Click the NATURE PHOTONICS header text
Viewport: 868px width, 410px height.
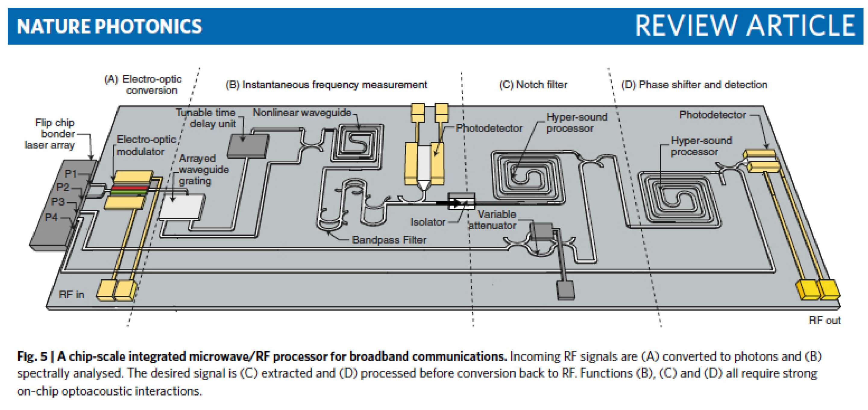click(x=109, y=26)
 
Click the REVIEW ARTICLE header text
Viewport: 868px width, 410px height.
click(x=745, y=26)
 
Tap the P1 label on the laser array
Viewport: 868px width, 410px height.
click(x=71, y=174)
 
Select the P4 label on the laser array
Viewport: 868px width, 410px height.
click(x=51, y=217)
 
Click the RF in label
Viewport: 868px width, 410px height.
click(x=71, y=294)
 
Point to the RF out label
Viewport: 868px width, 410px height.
click(x=825, y=320)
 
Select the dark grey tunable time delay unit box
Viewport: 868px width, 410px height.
click(x=248, y=145)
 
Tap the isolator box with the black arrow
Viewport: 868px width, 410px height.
click(x=461, y=201)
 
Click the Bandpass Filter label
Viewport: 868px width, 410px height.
click(x=389, y=240)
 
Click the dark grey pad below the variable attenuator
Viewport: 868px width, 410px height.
click(x=566, y=290)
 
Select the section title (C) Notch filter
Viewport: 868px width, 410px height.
click(x=533, y=85)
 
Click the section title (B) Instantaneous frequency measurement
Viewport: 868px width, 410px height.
click(x=326, y=85)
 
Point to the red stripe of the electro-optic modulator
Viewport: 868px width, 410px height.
click(x=130, y=188)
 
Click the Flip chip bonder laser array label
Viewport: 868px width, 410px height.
click(x=51, y=134)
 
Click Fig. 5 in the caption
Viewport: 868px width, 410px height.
click(x=32, y=356)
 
